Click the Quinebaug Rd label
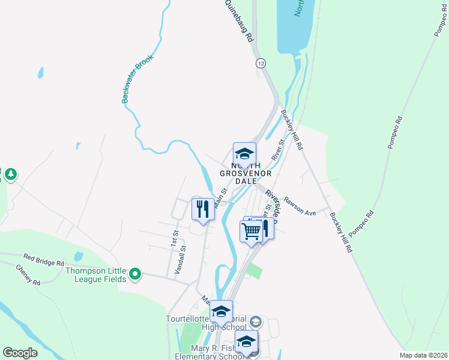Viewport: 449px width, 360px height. click(239, 21)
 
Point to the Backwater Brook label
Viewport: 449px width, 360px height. click(138, 79)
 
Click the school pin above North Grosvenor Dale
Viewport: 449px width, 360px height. click(244, 154)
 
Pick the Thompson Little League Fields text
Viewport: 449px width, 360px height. click(96, 274)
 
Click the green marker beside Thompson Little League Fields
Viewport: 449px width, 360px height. click(136, 275)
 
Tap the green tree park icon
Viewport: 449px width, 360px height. click(10, 175)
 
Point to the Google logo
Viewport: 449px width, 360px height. click(20, 352)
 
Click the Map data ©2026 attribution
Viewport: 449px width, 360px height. click(423, 355)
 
